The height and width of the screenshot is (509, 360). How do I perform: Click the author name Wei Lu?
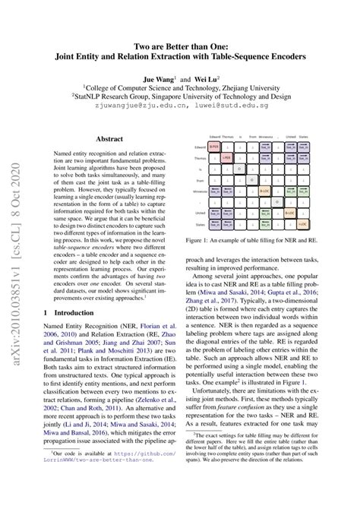205,78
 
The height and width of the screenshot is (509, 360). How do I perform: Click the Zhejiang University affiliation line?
180,87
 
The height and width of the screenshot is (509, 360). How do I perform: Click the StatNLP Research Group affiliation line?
180,97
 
